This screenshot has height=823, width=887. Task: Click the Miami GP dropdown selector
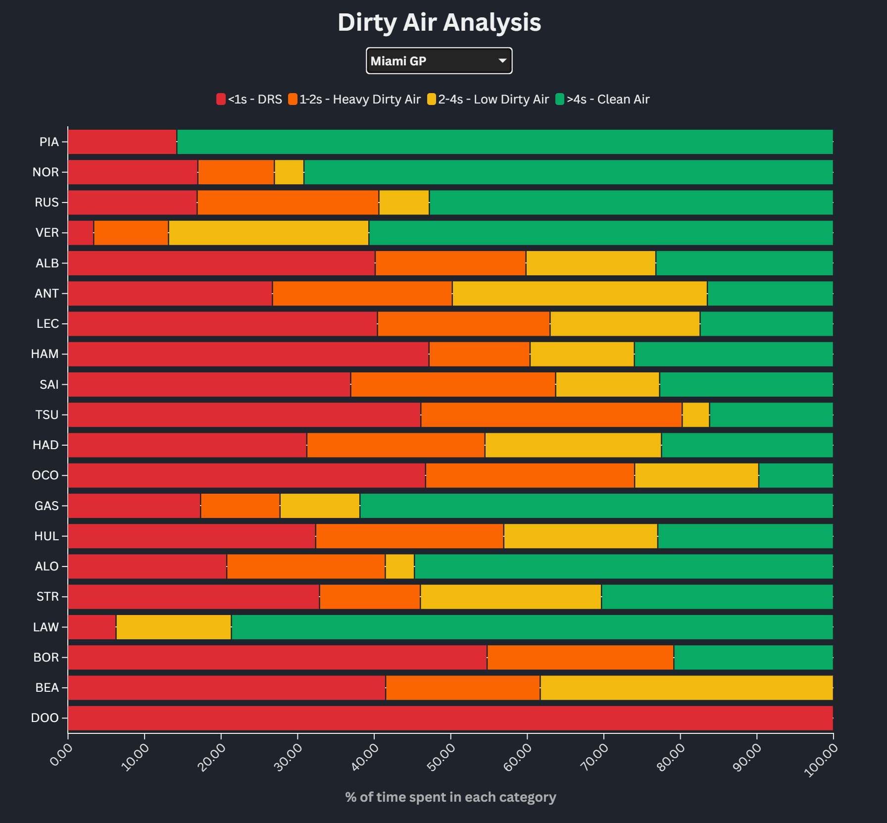click(x=439, y=61)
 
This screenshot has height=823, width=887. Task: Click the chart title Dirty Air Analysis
click(x=439, y=22)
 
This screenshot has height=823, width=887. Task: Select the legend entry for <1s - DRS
click(x=249, y=100)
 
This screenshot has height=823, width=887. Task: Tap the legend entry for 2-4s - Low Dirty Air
click(x=488, y=100)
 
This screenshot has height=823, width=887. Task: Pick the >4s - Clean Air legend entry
click(x=602, y=100)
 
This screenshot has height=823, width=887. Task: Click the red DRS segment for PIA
click(x=122, y=142)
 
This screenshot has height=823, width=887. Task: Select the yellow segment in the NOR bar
click(x=289, y=172)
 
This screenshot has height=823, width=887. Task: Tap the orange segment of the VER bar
click(x=131, y=233)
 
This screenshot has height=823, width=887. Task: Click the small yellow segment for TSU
click(x=695, y=415)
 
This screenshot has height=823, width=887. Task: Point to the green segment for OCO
click(x=795, y=475)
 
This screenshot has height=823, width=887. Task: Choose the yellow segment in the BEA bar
click(x=686, y=688)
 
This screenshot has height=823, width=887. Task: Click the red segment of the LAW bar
click(x=92, y=627)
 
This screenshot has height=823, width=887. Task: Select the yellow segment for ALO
click(x=399, y=566)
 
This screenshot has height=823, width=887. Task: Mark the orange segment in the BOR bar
click(x=580, y=658)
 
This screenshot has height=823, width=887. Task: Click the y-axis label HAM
click(x=45, y=354)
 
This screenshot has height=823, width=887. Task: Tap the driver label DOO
click(x=45, y=718)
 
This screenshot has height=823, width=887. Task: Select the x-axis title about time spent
click(x=450, y=797)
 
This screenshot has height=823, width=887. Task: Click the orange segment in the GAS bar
click(x=240, y=506)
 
